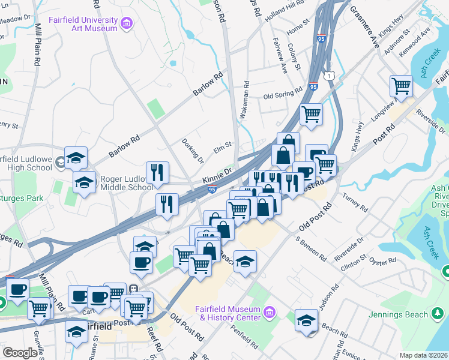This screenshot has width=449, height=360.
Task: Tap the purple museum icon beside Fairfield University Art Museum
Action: point(127,23)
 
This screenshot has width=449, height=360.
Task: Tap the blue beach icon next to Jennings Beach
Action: point(438,314)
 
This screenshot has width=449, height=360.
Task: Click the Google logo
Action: point(19,352)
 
